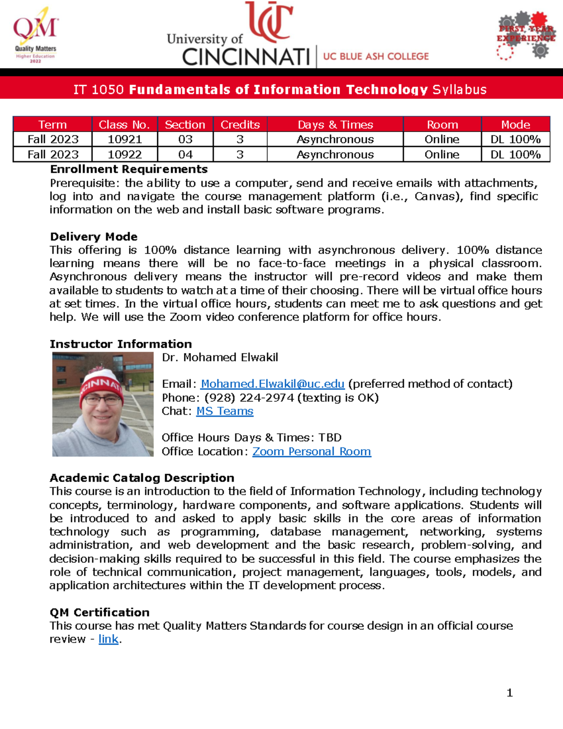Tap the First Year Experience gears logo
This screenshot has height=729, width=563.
[x=525, y=36]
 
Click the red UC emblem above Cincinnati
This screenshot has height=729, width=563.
[x=270, y=21]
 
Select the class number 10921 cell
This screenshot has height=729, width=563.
[x=125, y=139]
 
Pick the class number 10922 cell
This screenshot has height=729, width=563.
[x=125, y=154]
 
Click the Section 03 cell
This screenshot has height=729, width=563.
[x=185, y=139]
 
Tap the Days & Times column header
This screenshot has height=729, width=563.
[x=335, y=125]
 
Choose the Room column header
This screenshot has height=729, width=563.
[x=442, y=125]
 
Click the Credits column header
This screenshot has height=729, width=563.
[x=240, y=125]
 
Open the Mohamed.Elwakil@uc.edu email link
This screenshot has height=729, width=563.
[x=273, y=384]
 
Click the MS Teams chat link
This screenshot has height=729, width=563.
[x=225, y=411]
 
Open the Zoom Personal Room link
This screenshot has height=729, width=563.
[x=312, y=452]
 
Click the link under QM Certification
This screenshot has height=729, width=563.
[x=108, y=639]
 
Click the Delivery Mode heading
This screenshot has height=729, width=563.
[x=94, y=237]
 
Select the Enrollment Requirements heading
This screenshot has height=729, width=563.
[x=129, y=169]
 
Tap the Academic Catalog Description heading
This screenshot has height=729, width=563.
[x=142, y=478]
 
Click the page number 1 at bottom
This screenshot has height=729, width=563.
[x=510, y=693]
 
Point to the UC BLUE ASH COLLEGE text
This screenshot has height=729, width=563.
[x=376, y=56]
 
